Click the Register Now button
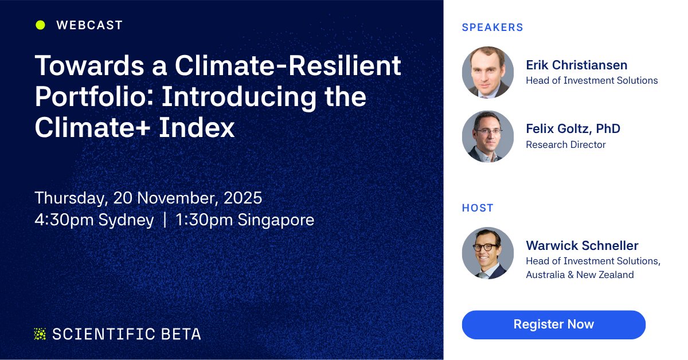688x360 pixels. pos(553,324)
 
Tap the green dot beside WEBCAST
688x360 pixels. pos(40,25)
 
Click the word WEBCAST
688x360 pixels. pos(89,25)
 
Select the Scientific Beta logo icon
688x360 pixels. pos(40,334)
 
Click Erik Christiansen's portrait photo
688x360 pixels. pos(488,72)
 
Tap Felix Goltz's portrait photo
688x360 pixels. pos(488,136)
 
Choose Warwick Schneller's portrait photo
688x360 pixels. pos(488,253)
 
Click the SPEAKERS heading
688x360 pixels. pos(492,27)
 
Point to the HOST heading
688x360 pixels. pos(478,208)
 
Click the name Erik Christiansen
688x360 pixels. pos(577,65)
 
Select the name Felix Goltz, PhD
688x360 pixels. pos(573,129)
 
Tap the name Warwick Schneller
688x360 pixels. pos(582,246)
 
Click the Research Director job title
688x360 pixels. pos(566,144)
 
